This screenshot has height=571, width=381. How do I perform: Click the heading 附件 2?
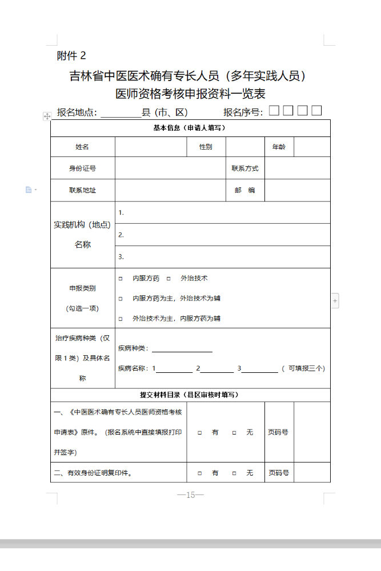tap(71, 55)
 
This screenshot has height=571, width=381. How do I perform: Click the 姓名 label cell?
tap(82, 147)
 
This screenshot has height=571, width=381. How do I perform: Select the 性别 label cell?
tap(206, 147)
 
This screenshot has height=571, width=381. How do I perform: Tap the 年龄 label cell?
tap(279, 147)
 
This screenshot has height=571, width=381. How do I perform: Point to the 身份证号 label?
tap(82, 168)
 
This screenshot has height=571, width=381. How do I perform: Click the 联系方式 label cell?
tap(244, 168)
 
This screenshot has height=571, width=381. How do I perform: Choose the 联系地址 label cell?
tap(82, 190)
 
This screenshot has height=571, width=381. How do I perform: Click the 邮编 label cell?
tap(244, 190)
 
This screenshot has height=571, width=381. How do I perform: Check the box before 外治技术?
tap(169, 279)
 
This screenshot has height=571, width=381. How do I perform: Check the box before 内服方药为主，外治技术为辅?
tap(121, 299)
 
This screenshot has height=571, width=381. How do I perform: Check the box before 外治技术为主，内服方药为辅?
tap(121, 319)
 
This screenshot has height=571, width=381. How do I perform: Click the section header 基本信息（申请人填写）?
tap(190, 128)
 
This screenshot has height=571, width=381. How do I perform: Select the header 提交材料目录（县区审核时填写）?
tap(190, 395)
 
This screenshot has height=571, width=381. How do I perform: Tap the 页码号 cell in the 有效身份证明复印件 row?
tap(279, 473)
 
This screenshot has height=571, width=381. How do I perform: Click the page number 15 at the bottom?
tap(191, 495)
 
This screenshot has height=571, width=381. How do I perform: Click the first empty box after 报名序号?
tap(274, 111)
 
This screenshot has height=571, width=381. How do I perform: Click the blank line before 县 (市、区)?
tap(121, 113)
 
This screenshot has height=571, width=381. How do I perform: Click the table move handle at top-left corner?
tap(47, 116)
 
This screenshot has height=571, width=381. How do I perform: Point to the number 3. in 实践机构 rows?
tap(121, 257)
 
